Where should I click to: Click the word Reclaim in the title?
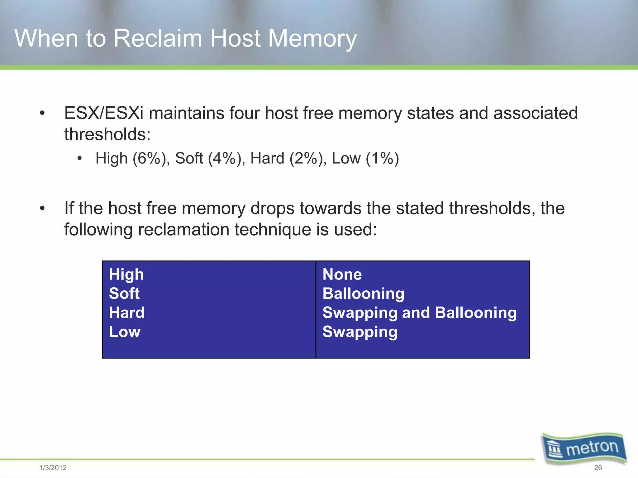click(x=158, y=38)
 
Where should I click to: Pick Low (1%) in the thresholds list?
click(x=365, y=158)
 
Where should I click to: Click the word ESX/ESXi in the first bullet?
click(x=104, y=113)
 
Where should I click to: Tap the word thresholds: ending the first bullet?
click(x=107, y=134)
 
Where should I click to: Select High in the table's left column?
click(x=126, y=274)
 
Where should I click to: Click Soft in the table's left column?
click(x=124, y=293)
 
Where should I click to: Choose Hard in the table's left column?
click(x=127, y=312)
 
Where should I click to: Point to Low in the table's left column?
click(x=125, y=332)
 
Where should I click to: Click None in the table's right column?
click(x=342, y=274)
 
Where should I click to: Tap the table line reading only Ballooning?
click(x=363, y=294)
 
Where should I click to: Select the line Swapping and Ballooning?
click(x=419, y=313)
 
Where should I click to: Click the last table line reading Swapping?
click(x=360, y=332)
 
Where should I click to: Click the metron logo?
click(x=584, y=448)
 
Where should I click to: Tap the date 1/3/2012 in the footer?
click(x=53, y=467)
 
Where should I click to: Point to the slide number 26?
click(x=598, y=467)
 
